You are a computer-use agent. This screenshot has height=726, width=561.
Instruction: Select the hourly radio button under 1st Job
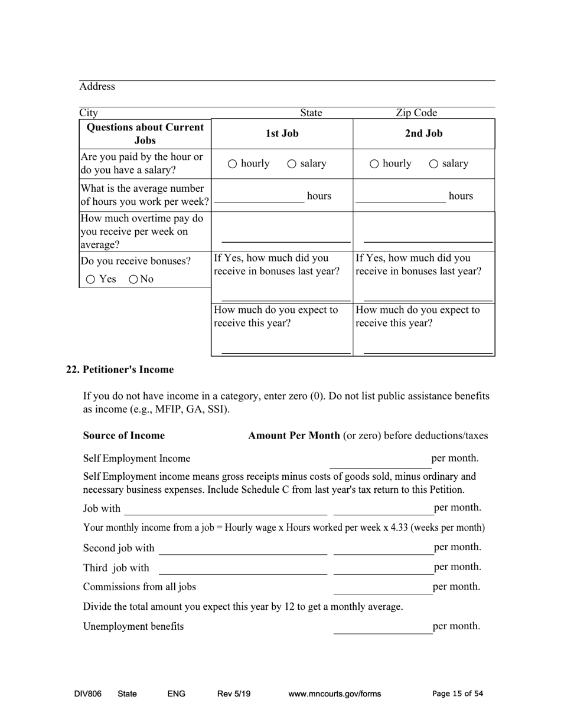[x=233, y=164]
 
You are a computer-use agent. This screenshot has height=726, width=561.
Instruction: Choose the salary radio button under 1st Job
[x=292, y=164]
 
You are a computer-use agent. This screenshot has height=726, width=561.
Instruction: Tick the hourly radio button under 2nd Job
[x=374, y=164]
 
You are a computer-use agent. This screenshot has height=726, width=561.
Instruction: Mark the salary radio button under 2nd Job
[x=433, y=164]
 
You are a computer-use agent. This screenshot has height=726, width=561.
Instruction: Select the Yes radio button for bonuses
[x=90, y=280]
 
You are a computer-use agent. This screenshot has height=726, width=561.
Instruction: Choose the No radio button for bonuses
[x=133, y=280]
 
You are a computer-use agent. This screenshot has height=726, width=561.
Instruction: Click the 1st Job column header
[x=282, y=133]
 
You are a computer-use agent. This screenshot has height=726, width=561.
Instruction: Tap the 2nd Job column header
[x=423, y=133]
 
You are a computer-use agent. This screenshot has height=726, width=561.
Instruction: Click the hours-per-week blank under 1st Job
[x=259, y=198]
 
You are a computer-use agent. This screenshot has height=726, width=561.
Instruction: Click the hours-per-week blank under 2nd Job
[x=400, y=198]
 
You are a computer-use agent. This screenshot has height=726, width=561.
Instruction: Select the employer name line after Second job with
[x=243, y=550]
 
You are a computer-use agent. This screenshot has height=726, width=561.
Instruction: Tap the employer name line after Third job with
[x=243, y=569]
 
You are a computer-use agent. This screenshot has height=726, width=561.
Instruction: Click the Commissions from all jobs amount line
[x=383, y=588]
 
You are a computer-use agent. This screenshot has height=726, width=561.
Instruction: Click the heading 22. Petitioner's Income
[x=120, y=370]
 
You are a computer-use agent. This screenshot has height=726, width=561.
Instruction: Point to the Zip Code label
[x=416, y=113]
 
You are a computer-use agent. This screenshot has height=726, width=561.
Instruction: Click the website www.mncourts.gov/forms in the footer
[x=334, y=694]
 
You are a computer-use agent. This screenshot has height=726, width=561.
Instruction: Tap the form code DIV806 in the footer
[x=88, y=694]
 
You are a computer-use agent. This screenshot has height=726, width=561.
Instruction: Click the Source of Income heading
[x=124, y=436]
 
